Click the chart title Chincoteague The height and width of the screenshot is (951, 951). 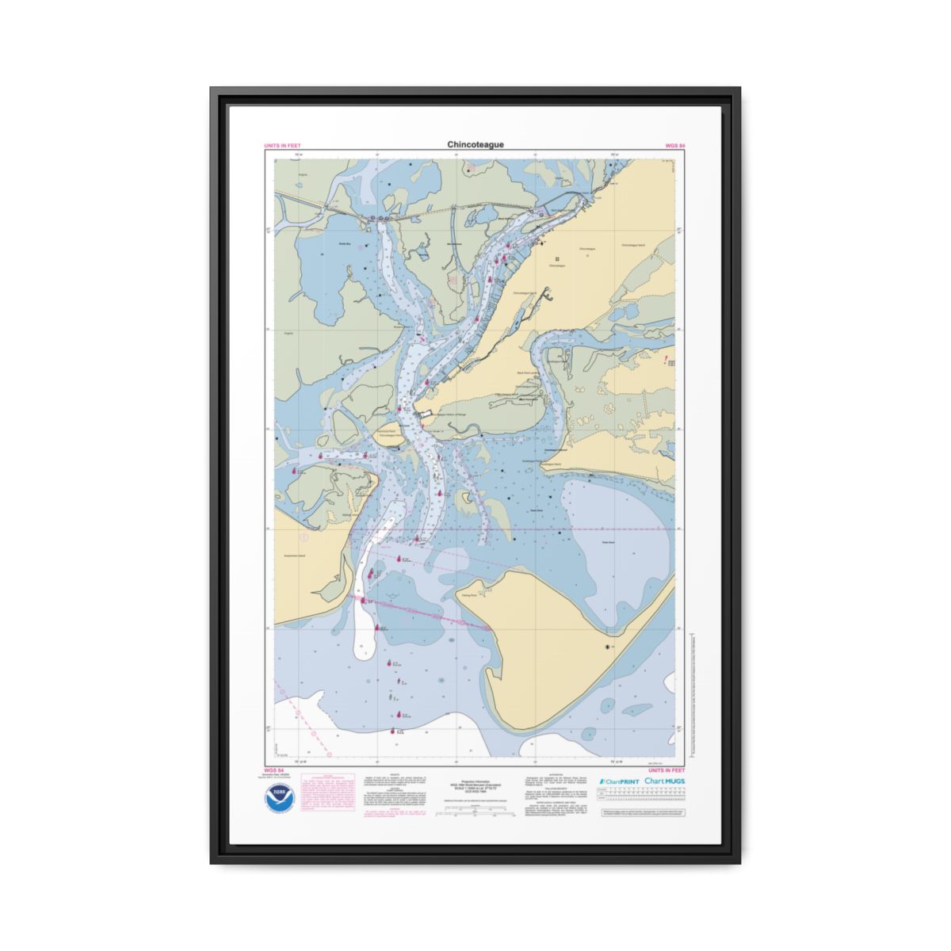475,145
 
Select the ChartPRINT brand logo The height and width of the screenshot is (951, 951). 618,781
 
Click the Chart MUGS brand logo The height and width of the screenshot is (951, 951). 665,781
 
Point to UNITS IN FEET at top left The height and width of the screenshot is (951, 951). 282,147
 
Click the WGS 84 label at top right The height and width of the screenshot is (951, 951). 675,147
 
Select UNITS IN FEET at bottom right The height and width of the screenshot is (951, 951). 666,770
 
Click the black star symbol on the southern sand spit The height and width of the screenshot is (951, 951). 608,647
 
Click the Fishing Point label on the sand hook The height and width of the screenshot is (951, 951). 469,594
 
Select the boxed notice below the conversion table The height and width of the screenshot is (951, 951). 643,814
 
